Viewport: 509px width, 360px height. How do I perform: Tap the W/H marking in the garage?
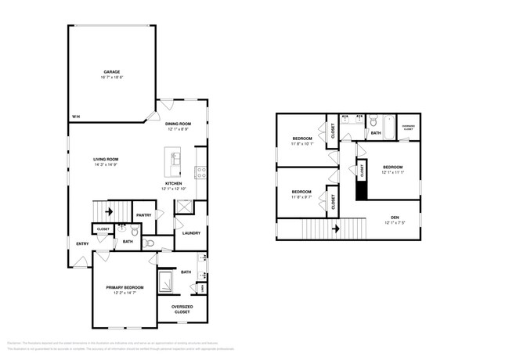click(75, 117)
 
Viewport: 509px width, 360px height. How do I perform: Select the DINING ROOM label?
click(179, 124)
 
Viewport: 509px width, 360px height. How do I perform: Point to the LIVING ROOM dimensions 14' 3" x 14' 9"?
click(107, 165)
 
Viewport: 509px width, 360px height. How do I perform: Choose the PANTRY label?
click(143, 215)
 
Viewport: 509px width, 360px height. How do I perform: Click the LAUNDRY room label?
click(191, 233)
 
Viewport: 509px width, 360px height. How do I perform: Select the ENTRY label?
click(82, 244)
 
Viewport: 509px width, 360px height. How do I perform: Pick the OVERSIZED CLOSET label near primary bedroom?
click(182, 309)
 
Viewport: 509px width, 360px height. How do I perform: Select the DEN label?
click(394, 218)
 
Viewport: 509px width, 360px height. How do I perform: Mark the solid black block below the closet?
click(361, 189)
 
